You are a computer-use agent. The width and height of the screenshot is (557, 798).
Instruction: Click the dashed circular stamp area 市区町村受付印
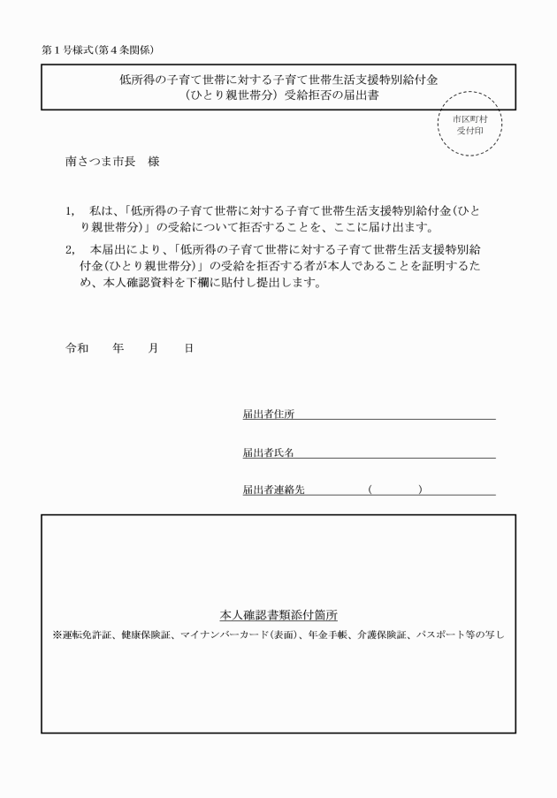(469, 124)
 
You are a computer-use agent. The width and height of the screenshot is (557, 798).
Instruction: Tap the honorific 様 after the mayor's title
(155, 163)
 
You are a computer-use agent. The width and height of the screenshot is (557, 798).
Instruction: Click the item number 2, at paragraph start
(71, 249)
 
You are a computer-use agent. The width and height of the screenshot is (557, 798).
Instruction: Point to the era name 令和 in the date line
(78, 348)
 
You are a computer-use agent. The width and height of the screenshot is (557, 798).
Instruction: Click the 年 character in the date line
(118, 348)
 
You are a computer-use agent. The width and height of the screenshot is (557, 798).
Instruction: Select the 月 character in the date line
(154, 348)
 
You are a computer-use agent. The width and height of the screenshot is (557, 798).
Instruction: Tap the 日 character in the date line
(188, 348)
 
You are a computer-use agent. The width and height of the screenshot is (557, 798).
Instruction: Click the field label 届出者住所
(269, 414)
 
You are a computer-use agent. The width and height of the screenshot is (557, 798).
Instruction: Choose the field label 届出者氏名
(269, 452)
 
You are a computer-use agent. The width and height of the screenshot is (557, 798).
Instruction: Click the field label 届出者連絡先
(274, 490)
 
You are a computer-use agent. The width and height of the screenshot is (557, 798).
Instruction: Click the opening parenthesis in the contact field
(370, 490)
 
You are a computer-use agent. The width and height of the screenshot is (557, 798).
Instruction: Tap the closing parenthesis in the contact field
(420, 490)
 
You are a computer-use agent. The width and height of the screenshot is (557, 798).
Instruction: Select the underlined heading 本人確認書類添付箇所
(278, 615)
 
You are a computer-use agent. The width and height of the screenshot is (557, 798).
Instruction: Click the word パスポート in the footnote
(440, 635)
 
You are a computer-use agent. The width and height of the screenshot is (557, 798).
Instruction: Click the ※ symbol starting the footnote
(57, 635)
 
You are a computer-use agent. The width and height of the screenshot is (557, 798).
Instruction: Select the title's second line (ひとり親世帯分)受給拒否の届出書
(278, 95)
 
